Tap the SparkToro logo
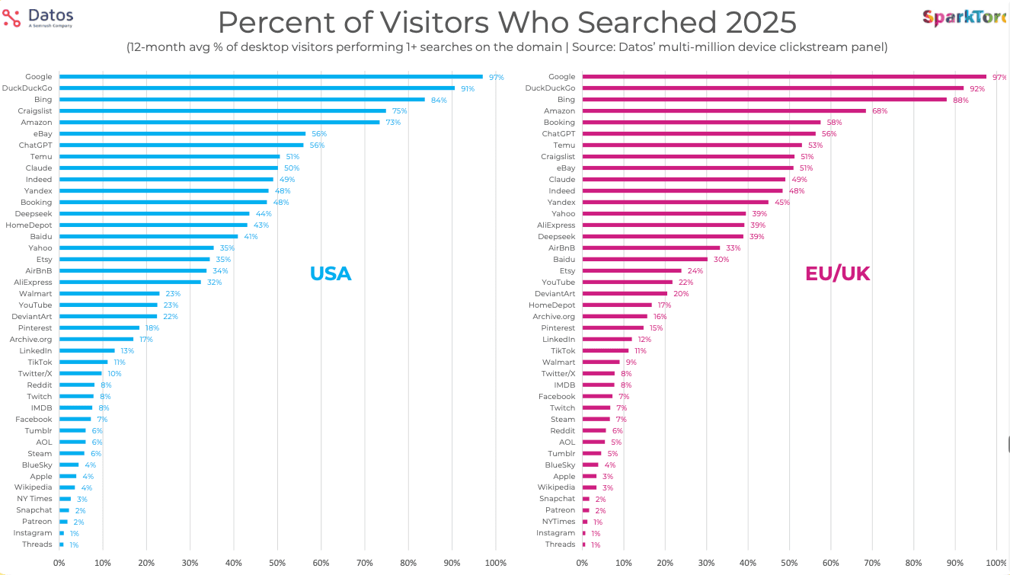tap(964, 18)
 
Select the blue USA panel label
tap(330, 273)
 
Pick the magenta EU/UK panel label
tap(837, 273)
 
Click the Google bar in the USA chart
tap(270, 76)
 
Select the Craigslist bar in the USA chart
tap(222, 110)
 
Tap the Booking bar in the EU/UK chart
tap(701, 122)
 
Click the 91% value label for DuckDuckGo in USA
tap(467, 88)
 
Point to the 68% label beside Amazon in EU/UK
tap(879, 111)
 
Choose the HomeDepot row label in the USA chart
tap(29, 225)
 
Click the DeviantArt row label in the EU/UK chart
tap(555, 294)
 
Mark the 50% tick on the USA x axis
tap(277, 563)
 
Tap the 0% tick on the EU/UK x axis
tap(583, 563)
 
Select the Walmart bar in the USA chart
tap(109, 293)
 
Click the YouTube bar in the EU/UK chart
tap(628, 282)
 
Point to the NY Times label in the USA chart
tap(35, 499)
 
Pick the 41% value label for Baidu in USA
tap(251, 237)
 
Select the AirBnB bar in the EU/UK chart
tap(650, 248)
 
